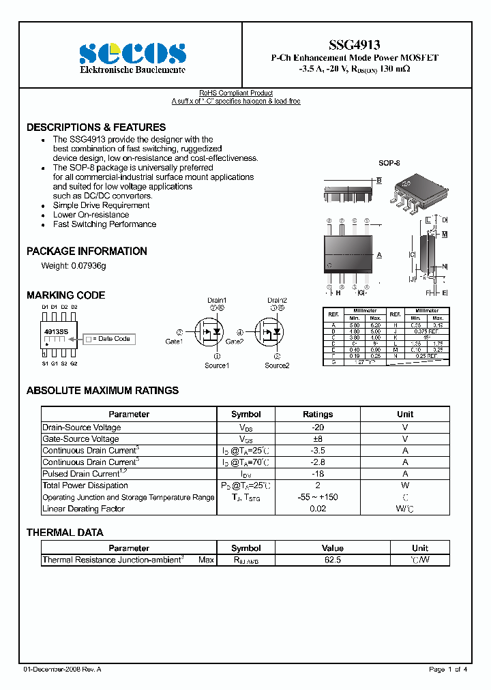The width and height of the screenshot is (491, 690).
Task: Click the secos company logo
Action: tap(132, 53)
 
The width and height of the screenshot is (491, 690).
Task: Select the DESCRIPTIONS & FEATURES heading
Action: tap(96, 127)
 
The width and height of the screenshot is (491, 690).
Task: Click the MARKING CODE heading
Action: tap(65, 295)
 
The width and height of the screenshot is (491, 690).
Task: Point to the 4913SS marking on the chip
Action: tap(56, 331)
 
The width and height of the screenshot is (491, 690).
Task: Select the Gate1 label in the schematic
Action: tap(174, 341)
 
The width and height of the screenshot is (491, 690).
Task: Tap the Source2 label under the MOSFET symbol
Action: tap(277, 365)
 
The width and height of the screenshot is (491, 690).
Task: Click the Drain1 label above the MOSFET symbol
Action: tap(217, 300)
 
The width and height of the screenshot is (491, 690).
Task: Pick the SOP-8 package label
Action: tap(389, 164)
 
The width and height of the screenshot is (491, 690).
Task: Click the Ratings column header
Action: tap(318, 414)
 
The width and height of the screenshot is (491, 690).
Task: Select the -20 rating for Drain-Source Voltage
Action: tap(318, 427)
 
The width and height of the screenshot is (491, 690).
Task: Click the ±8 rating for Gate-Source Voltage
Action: tap(318, 439)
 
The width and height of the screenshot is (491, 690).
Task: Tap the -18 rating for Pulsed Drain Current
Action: tap(318, 474)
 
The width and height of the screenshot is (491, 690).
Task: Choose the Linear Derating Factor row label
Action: tap(84, 509)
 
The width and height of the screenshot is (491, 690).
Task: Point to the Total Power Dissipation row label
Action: tap(85, 485)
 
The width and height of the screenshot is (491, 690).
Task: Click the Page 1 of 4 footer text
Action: tap(448, 670)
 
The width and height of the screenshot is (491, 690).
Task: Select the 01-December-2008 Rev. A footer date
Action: tap(62, 670)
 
